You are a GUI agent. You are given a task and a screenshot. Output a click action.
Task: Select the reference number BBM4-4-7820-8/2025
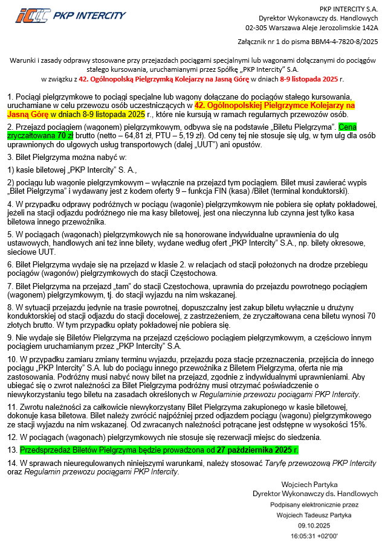342,42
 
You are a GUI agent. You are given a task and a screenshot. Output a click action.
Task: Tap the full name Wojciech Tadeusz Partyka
314,515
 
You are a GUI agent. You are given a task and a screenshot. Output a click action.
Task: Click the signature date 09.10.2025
314,525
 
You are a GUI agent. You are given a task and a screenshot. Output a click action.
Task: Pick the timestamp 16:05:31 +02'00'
314,535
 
